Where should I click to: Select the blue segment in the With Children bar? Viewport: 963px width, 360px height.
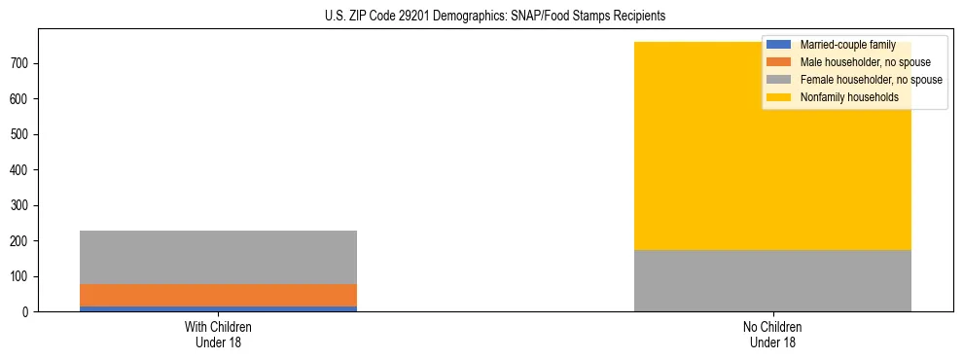[218, 308]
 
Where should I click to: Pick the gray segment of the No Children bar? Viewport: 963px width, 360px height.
[772, 280]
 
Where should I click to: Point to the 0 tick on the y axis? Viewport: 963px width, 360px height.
[28, 312]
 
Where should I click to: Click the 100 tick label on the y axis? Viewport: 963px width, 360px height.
[21, 276]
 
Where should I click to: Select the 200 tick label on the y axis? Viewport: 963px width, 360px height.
[21, 241]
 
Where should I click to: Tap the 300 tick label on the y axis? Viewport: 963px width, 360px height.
[21, 205]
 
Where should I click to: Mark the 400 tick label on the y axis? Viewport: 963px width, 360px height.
[21, 170]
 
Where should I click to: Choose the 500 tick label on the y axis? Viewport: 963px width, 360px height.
[21, 134]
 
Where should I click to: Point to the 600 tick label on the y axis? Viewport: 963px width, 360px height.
[21, 99]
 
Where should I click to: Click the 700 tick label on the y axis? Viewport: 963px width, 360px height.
[21, 63]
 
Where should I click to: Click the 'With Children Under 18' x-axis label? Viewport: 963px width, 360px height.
[218, 335]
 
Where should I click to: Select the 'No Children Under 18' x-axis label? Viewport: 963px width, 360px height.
[772, 335]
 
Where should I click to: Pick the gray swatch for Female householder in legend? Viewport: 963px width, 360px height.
[779, 80]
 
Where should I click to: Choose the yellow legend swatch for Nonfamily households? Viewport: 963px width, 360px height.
[779, 97]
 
